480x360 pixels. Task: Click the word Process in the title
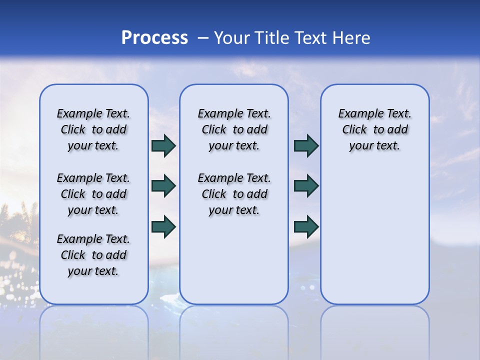(x=154, y=38)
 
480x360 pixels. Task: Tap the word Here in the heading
(x=352, y=38)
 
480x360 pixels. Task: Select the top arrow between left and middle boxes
(x=163, y=145)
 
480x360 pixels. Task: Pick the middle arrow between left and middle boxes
(x=163, y=186)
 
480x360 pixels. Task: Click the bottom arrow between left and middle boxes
(x=163, y=226)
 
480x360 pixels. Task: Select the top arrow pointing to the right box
(x=306, y=145)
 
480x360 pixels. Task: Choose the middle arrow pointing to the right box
(x=306, y=186)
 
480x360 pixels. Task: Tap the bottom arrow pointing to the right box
(x=306, y=226)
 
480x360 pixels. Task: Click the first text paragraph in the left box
(x=93, y=129)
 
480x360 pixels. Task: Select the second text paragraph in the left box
(x=93, y=194)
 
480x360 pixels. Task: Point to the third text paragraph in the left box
(x=93, y=255)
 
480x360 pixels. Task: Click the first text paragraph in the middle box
(x=234, y=129)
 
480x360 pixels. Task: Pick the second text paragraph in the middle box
(x=234, y=194)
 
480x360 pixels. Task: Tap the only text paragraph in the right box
(x=374, y=129)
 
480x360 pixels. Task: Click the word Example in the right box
(x=358, y=114)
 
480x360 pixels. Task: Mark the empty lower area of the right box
(x=374, y=235)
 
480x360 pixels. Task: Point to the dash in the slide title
(x=203, y=38)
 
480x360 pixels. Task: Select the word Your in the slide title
(x=232, y=38)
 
